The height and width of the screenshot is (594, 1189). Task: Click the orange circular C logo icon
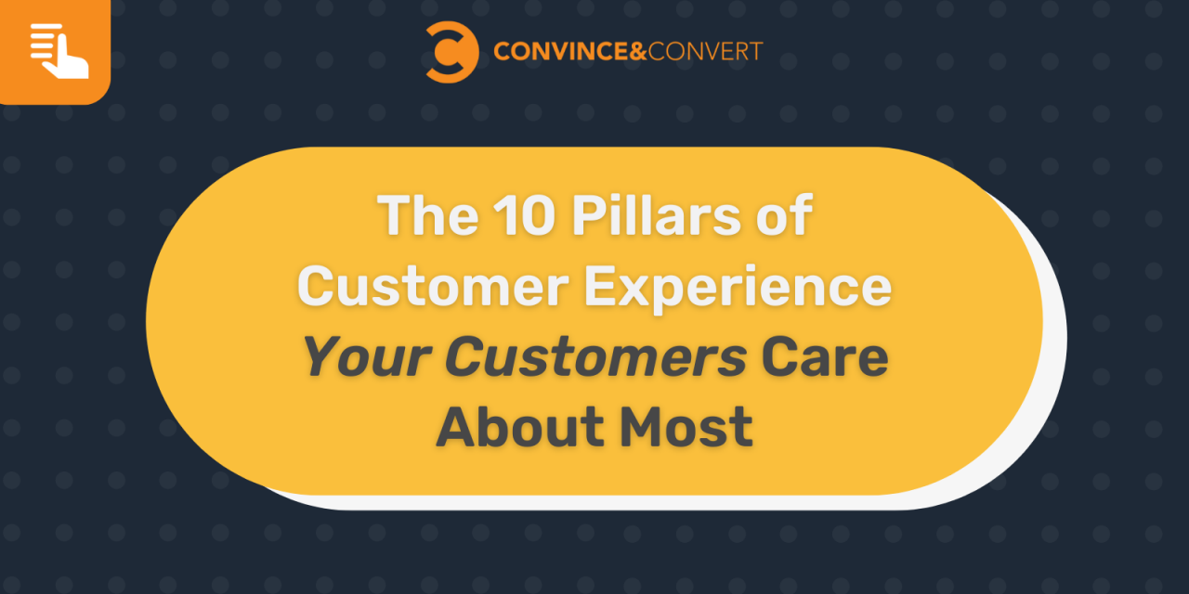(452, 52)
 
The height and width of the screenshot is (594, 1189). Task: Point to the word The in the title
(426, 217)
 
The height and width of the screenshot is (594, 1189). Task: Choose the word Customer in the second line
(433, 288)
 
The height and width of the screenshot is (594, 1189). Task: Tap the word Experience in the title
(738, 288)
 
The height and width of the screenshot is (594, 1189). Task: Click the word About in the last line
(520, 427)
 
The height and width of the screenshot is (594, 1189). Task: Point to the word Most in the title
(687, 427)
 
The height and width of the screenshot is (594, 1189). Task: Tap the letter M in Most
(642, 427)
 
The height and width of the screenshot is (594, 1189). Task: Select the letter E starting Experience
(600, 288)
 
